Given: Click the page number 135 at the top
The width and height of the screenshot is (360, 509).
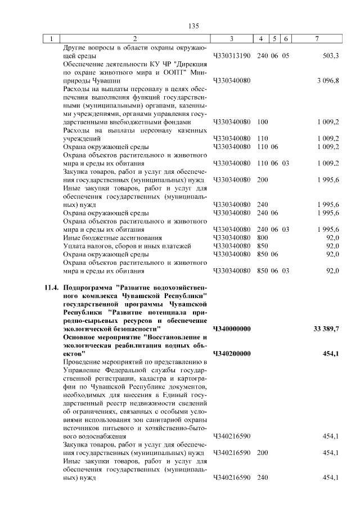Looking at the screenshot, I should coord(195,26).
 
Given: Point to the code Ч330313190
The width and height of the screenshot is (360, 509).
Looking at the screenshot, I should coord(232,56).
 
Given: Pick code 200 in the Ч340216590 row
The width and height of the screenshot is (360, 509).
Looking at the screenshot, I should coord(262,453).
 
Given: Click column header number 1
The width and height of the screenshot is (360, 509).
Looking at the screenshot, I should coord(51,39).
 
